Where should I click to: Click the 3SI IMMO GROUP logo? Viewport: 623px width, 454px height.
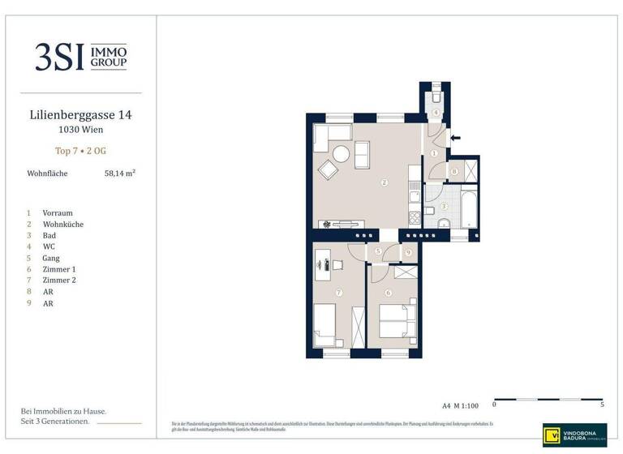point(80,57)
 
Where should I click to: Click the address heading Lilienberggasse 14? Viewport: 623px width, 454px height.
point(79,115)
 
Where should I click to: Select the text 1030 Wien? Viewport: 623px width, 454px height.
point(80,130)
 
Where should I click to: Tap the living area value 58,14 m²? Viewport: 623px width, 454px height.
point(119,173)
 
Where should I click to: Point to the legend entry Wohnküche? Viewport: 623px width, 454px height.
point(62,224)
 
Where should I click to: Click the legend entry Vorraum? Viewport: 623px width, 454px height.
point(58,212)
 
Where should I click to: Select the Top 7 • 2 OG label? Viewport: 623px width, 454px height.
point(79,151)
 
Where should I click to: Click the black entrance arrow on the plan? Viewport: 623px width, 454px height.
point(455,138)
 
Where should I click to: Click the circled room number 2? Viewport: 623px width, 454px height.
point(384,182)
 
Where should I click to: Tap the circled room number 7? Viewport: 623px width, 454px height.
point(339,292)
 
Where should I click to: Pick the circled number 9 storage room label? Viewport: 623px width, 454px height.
point(408,253)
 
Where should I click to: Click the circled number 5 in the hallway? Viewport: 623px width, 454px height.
point(378,253)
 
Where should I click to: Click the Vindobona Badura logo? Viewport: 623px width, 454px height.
point(574,435)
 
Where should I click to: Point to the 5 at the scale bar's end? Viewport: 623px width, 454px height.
point(602,404)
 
